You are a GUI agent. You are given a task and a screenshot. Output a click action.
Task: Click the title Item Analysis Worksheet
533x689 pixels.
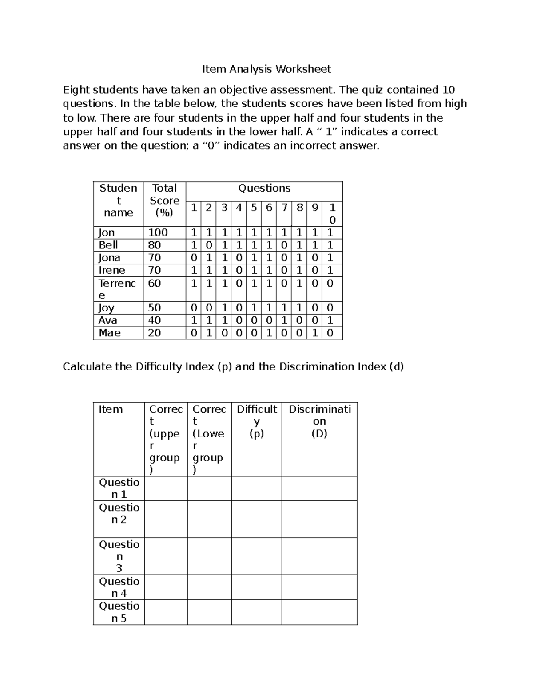pyautogui.click(x=266, y=69)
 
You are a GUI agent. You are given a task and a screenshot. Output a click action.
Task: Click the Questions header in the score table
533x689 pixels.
pyautogui.click(x=264, y=188)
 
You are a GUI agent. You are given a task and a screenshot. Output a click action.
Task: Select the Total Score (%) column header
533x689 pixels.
pyautogui.click(x=164, y=201)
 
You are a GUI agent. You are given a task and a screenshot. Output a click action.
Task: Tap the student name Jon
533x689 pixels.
pyautogui.click(x=107, y=233)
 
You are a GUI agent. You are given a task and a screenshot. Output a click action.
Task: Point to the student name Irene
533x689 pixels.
pyautogui.click(x=112, y=270)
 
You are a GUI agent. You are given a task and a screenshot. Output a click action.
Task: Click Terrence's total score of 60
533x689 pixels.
pyautogui.click(x=154, y=283)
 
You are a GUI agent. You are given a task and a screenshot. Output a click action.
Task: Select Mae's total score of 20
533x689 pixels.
pyautogui.click(x=154, y=333)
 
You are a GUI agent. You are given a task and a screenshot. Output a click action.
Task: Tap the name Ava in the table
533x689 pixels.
pyautogui.click(x=108, y=320)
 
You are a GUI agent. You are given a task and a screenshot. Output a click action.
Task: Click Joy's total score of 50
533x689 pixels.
pyautogui.click(x=154, y=308)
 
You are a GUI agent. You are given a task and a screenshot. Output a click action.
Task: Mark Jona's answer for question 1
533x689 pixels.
pyautogui.click(x=193, y=258)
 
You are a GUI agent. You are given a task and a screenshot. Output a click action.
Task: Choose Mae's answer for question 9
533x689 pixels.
pyautogui.click(x=314, y=333)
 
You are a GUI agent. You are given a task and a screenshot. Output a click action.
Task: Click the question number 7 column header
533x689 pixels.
pyautogui.click(x=284, y=208)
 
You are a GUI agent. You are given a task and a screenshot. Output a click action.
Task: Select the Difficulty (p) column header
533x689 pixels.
pyautogui.click(x=256, y=421)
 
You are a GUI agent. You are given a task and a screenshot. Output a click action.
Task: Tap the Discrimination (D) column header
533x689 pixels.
pyautogui.click(x=319, y=421)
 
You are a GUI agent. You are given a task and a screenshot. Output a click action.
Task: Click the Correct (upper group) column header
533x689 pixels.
pyautogui.click(x=165, y=439)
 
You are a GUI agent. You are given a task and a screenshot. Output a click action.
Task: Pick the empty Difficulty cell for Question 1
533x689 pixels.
pyautogui.click(x=256, y=489)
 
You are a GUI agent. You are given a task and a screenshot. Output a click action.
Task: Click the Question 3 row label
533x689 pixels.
pyautogui.click(x=119, y=556)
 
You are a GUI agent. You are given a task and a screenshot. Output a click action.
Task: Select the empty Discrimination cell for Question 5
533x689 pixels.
pyautogui.click(x=319, y=612)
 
